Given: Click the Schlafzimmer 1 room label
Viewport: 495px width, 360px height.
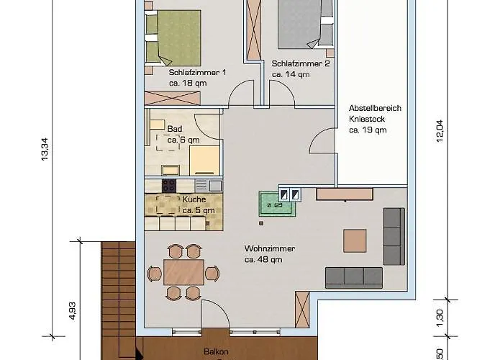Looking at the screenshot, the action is click(197, 72).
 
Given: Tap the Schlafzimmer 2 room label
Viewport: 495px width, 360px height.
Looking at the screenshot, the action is click(301, 63).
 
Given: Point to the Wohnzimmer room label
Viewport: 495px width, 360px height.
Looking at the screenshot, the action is click(270, 248).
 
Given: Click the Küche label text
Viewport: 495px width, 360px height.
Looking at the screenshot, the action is click(194, 199).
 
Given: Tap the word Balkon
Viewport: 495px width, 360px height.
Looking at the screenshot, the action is click(216, 351).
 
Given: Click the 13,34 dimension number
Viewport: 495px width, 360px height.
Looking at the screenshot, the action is click(45, 149).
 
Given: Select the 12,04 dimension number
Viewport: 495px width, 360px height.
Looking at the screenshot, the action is click(440, 131).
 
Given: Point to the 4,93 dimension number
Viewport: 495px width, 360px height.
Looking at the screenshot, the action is click(72, 311).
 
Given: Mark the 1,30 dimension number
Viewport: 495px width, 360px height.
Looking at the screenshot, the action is click(439, 318).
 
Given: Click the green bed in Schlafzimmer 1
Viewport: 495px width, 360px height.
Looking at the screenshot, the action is click(173, 38).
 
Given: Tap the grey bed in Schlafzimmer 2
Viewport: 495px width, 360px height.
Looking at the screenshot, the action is click(306, 24).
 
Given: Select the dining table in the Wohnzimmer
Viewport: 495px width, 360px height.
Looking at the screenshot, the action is click(183, 272).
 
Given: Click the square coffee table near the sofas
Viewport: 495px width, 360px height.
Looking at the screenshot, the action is click(355, 241).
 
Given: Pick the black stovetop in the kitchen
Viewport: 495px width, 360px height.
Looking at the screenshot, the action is click(169, 186).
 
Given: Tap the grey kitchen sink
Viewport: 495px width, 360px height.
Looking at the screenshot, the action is click(216, 186).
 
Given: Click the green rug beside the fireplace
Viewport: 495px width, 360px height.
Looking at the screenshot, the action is click(277, 204).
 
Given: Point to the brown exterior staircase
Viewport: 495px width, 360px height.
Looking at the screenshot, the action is click(119, 301).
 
